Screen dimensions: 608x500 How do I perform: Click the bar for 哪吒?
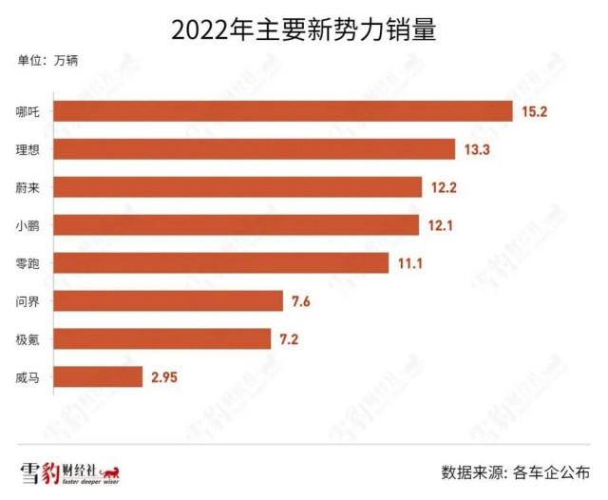coord(283,111)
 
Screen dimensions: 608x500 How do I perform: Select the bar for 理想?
coord(255,149)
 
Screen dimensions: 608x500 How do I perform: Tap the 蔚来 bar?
coord(237,187)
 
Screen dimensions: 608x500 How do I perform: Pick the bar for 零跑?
coord(221,263)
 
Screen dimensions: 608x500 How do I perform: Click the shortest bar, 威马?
coord(98,376)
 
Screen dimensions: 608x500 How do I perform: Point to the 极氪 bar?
coord(162,338)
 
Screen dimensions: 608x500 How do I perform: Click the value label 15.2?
coord(534,112)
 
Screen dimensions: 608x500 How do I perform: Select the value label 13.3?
coord(477,149)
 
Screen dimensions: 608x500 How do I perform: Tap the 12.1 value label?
coord(441,225)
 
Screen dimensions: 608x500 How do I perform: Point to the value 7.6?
coord(301,301)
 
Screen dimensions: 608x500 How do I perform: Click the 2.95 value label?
coord(164,377)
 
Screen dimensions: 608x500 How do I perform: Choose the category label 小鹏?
coord(28,225)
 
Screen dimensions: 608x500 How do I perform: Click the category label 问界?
coord(28,301)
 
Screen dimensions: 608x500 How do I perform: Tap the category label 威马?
coord(28,377)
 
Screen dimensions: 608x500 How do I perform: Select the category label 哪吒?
coord(28,112)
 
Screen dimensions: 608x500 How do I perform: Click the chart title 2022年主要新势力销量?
coord(304,29)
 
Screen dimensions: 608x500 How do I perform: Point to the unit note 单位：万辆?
coord(47,60)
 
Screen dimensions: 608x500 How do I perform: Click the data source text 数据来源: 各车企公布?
coord(516,472)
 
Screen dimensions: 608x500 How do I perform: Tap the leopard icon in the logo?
coord(110,472)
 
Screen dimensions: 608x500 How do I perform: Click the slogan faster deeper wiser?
coord(91,482)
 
